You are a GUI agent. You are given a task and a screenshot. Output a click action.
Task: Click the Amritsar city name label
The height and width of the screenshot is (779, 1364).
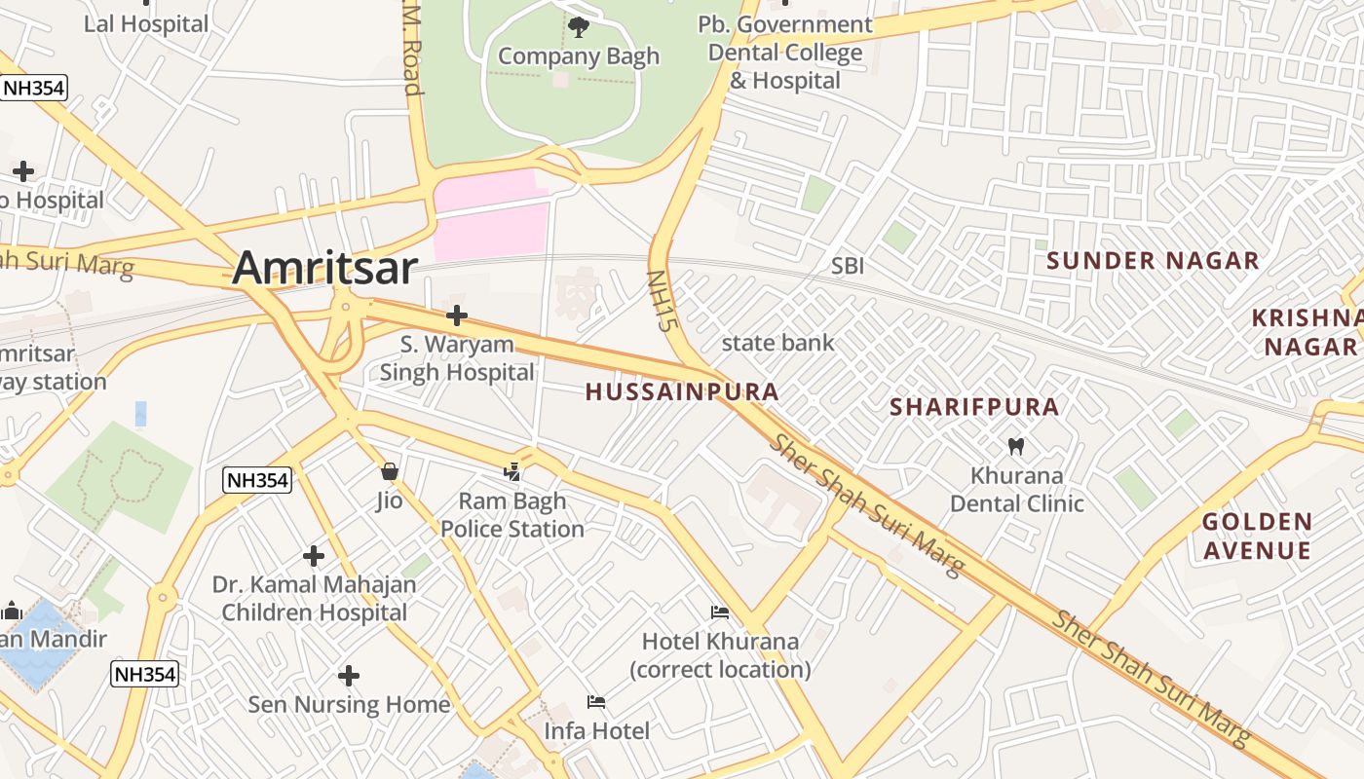click(324, 268)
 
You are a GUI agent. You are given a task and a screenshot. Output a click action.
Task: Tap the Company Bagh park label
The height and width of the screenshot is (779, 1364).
click(579, 56)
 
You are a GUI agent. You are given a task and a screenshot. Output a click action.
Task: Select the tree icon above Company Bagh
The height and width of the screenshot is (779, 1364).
click(579, 26)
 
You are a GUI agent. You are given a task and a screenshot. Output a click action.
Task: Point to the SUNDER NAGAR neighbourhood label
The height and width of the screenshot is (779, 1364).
click(1153, 261)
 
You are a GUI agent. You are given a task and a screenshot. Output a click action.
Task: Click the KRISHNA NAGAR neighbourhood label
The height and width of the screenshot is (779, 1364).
click(1306, 332)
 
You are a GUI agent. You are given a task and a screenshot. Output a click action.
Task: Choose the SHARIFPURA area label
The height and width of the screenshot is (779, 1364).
click(974, 407)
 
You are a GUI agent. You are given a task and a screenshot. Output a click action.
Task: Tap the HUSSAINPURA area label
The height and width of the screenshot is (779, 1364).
click(682, 392)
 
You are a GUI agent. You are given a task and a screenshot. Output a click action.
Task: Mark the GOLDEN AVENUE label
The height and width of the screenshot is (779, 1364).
click(1257, 537)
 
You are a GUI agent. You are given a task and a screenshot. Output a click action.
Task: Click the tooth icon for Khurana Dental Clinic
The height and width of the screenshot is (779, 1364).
click(1015, 447)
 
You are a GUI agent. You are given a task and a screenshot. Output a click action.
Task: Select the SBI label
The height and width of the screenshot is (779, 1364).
click(848, 266)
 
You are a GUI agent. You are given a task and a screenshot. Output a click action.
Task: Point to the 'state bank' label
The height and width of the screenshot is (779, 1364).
click(777, 343)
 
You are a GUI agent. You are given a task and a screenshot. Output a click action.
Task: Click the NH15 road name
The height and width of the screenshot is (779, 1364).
click(661, 301)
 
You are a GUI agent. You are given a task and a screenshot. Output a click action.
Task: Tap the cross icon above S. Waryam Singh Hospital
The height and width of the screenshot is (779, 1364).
click(457, 315)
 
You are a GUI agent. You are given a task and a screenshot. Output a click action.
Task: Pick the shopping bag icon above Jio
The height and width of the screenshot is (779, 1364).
click(390, 472)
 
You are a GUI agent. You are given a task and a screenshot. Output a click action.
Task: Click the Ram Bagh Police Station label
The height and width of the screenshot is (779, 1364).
click(512, 516)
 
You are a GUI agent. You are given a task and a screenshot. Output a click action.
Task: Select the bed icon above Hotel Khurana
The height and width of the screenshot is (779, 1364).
click(720, 612)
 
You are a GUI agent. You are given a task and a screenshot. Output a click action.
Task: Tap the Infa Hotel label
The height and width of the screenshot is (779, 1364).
click(596, 730)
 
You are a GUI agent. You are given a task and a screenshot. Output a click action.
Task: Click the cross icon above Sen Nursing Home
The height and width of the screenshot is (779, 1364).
click(349, 675)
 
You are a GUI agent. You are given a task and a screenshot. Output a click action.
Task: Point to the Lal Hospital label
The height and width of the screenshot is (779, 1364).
click(146, 24)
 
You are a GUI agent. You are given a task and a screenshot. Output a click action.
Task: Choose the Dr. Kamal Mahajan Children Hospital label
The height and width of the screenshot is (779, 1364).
click(314, 599)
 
